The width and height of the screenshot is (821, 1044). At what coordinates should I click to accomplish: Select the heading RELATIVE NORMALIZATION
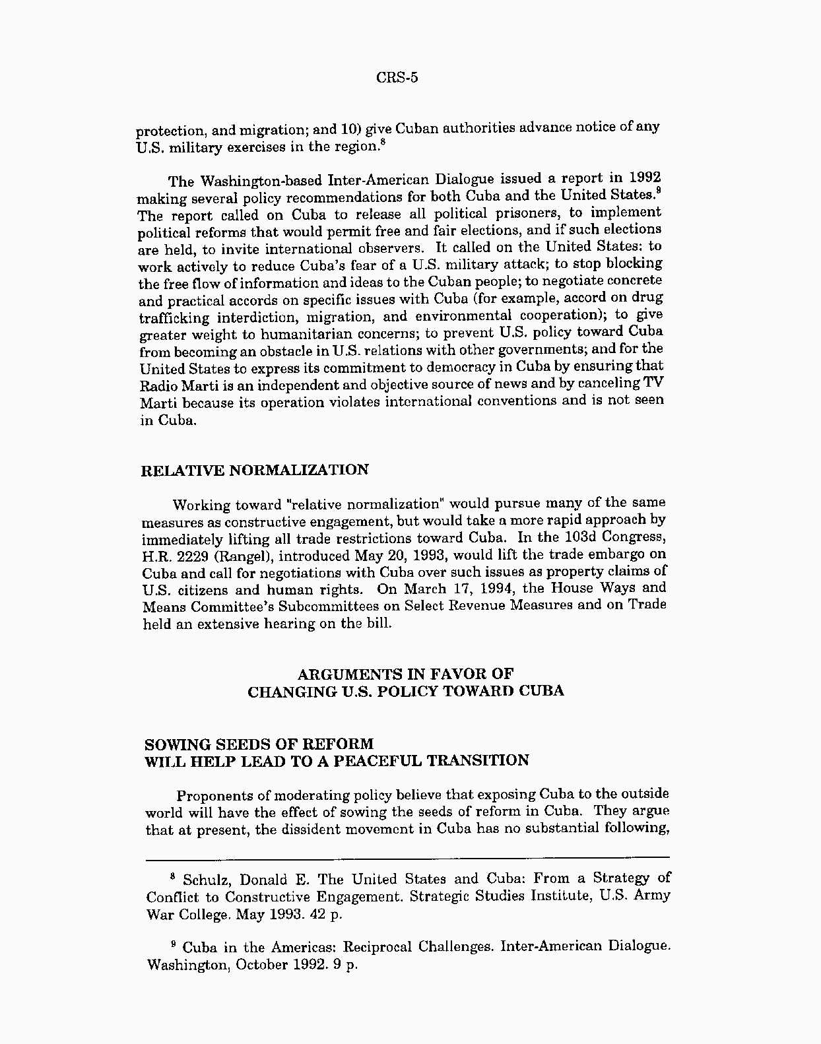click(255, 471)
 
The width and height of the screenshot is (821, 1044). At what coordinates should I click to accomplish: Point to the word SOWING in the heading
click(174, 744)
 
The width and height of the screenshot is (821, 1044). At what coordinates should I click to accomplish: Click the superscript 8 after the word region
click(382, 141)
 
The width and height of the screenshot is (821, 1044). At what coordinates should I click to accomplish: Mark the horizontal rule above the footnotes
click(407, 857)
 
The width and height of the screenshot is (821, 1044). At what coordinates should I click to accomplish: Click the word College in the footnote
click(201, 915)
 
